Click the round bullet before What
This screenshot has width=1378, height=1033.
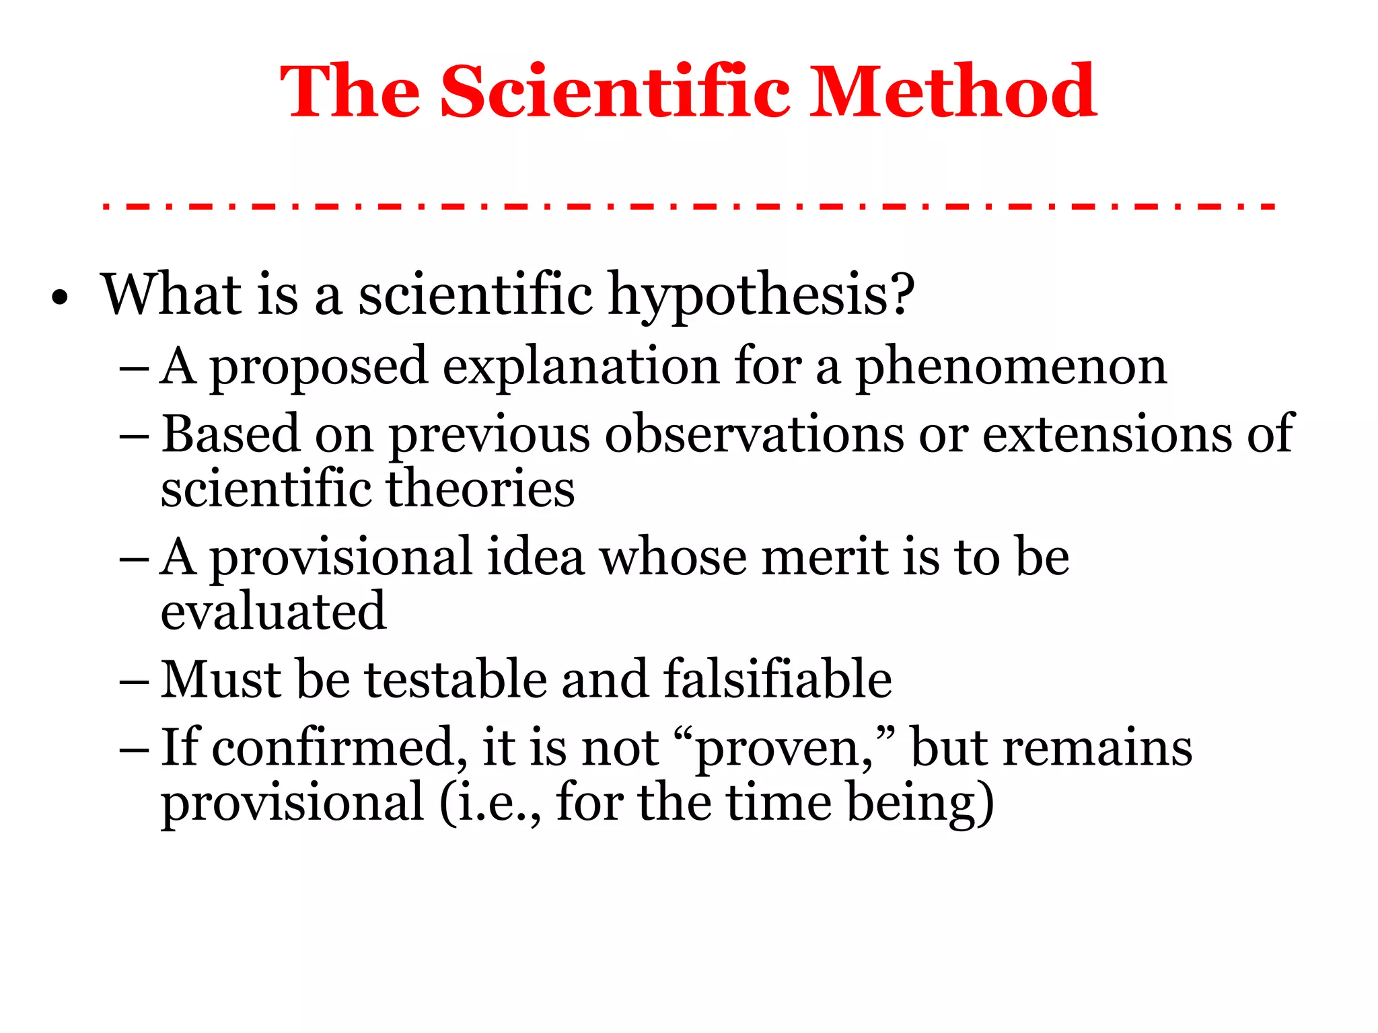pos(60,298)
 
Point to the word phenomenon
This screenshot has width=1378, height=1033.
pos(1011,367)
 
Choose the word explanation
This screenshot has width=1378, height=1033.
pos(581,367)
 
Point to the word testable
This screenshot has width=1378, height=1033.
pos(456,679)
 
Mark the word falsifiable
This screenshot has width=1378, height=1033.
pos(778,679)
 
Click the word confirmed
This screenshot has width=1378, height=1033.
pos(340,748)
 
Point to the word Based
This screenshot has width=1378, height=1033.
pos(230,434)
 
